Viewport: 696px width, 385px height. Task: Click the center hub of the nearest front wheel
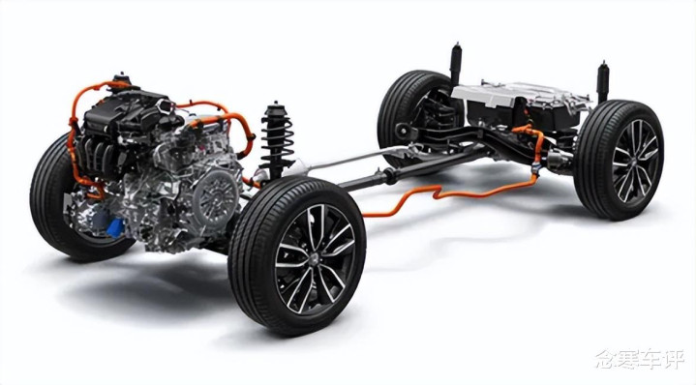click(316, 259)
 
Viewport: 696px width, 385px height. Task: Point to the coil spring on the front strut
click(277, 137)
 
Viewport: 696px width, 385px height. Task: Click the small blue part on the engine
click(116, 227)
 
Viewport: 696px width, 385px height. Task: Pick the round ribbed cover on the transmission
click(216, 197)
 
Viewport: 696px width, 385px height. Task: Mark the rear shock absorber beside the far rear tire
click(455, 64)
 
